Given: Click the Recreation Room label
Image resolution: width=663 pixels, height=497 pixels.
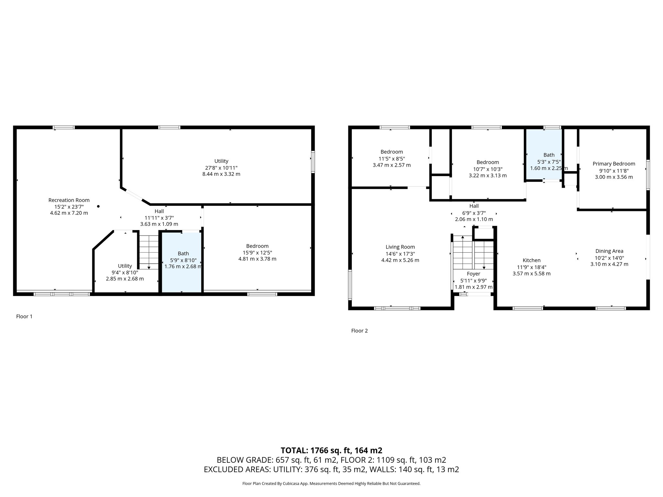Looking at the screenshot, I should pos(69,200).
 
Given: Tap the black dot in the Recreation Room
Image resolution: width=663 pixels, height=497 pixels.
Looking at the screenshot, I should pos(98,206).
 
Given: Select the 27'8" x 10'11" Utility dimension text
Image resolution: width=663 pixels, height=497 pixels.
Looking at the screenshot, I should pos(221,168).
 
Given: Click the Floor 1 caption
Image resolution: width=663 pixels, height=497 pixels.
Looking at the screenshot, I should pos(24,316).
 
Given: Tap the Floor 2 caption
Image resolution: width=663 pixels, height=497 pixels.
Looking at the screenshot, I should pos(359,331).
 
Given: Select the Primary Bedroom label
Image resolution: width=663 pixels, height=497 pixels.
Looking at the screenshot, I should pos(613,164).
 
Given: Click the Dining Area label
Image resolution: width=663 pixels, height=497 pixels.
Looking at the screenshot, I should pos(609,251).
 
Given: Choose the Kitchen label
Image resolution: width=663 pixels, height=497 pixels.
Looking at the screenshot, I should pos(531,260).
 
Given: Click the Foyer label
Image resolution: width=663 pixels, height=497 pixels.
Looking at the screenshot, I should pos(473,274).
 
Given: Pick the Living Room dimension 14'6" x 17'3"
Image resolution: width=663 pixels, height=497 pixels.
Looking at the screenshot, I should pos(400,254).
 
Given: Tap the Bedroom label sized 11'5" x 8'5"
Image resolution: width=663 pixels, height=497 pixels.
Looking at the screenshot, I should pos(391,152).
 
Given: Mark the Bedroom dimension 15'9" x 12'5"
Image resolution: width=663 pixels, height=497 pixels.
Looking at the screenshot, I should pos(257,253).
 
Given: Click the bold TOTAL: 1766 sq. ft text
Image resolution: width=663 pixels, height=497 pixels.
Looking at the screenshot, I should pos(331,450).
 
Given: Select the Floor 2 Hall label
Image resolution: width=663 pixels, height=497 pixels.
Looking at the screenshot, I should pos(474,206).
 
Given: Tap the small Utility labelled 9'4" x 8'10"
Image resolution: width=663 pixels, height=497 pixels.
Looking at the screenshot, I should pos(125,266).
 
